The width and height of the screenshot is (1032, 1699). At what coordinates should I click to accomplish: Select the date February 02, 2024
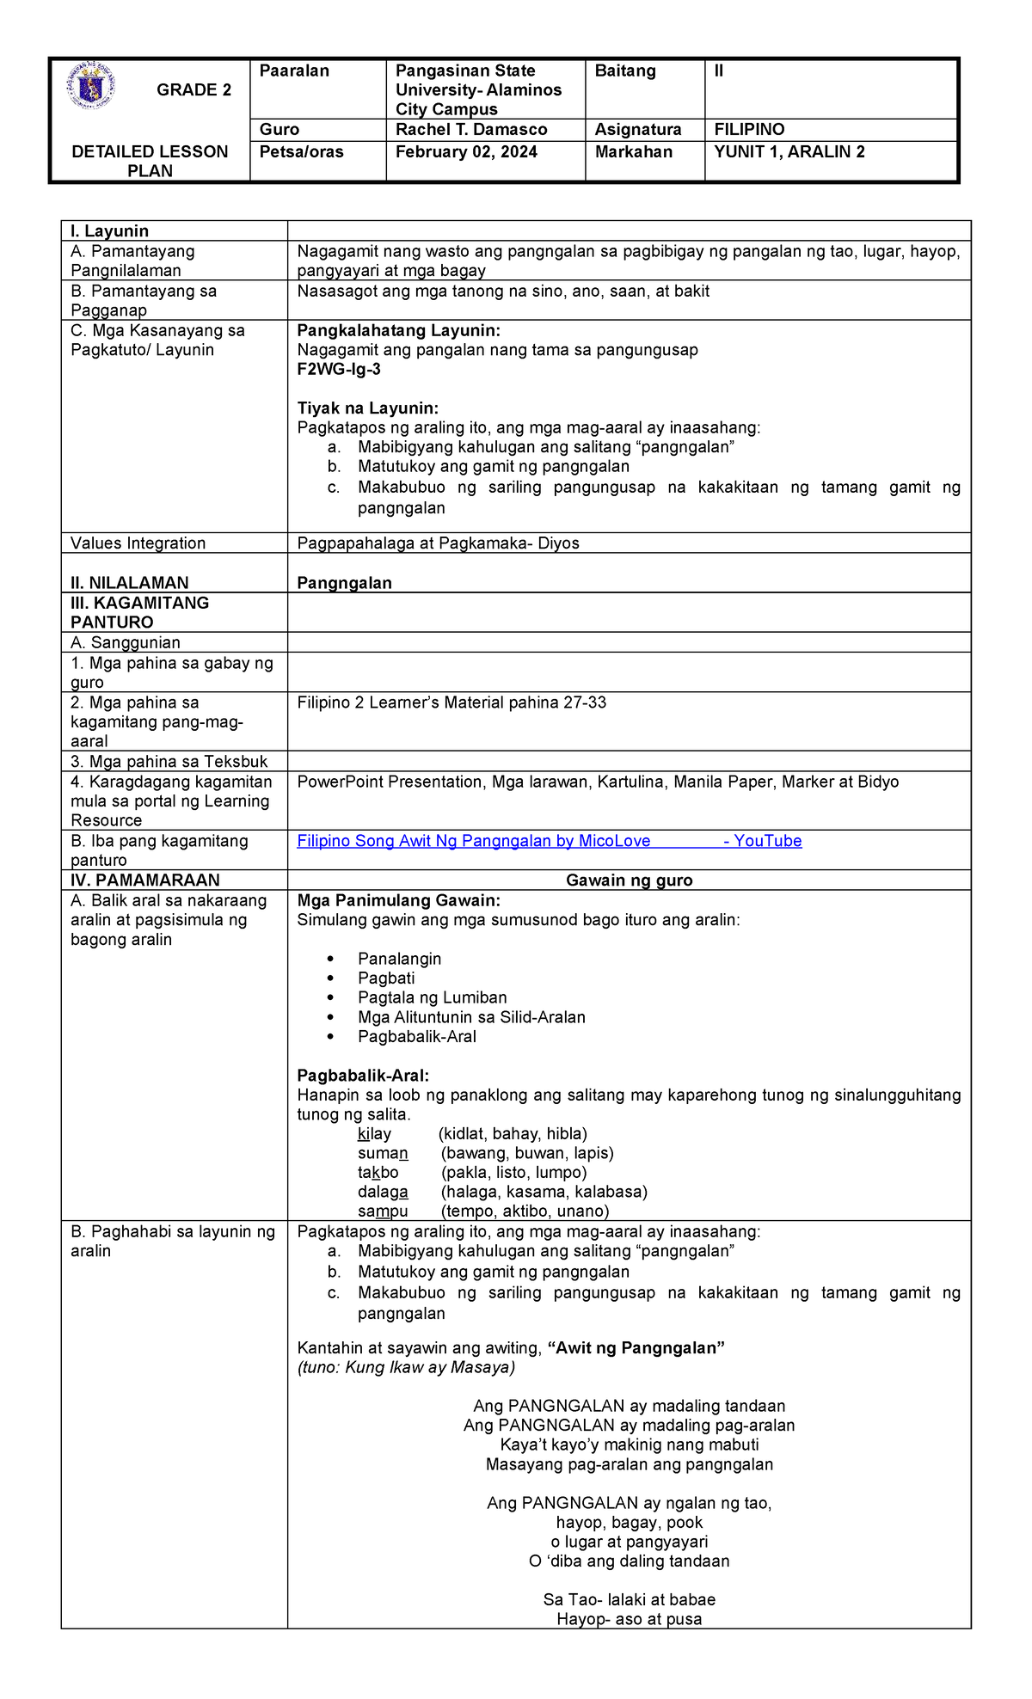(466, 152)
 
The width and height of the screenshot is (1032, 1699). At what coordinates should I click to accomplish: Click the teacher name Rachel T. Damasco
(471, 130)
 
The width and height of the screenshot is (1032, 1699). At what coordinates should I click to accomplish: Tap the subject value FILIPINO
(749, 130)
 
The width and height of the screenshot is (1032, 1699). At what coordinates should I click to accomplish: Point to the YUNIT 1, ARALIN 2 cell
(789, 152)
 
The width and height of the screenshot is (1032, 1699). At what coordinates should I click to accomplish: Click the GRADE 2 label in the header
(193, 90)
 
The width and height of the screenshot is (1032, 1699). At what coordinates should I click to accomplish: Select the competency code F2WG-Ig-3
(338, 370)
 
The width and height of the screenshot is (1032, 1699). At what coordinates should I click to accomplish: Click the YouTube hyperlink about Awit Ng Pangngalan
(549, 841)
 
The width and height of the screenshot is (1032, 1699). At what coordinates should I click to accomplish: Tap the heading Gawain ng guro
(629, 880)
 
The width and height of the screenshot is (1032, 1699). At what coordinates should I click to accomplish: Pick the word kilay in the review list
(374, 1134)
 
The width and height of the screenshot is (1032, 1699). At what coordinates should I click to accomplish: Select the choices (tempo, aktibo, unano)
(525, 1211)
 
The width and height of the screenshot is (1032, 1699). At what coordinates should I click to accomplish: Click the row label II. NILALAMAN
(129, 583)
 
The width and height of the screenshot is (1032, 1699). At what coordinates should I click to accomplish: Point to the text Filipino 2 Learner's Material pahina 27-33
(451, 702)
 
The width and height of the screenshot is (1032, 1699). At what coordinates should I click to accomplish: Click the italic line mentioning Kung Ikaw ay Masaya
(406, 1368)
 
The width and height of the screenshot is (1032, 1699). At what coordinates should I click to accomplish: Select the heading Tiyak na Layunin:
(367, 408)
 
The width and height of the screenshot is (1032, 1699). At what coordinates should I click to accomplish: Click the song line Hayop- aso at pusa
(629, 1619)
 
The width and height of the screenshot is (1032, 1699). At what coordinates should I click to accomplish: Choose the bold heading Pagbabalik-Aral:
(362, 1076)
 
